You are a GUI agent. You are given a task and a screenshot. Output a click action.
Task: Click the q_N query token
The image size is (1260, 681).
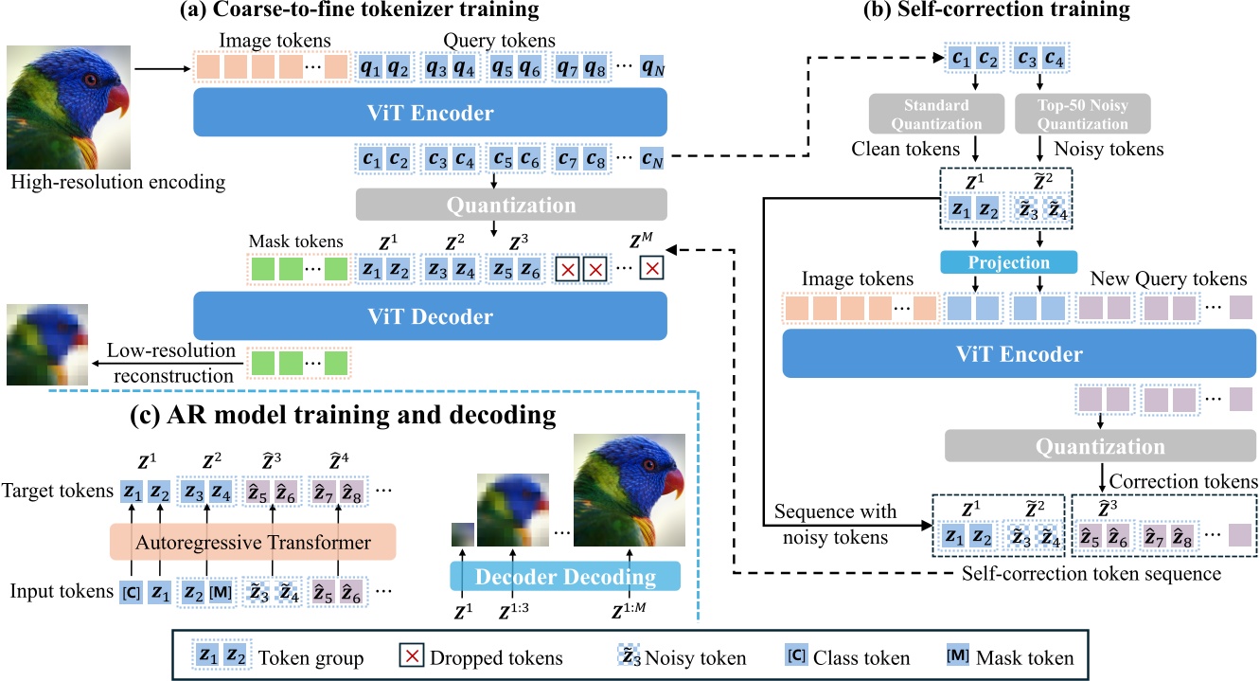point(652,67)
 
